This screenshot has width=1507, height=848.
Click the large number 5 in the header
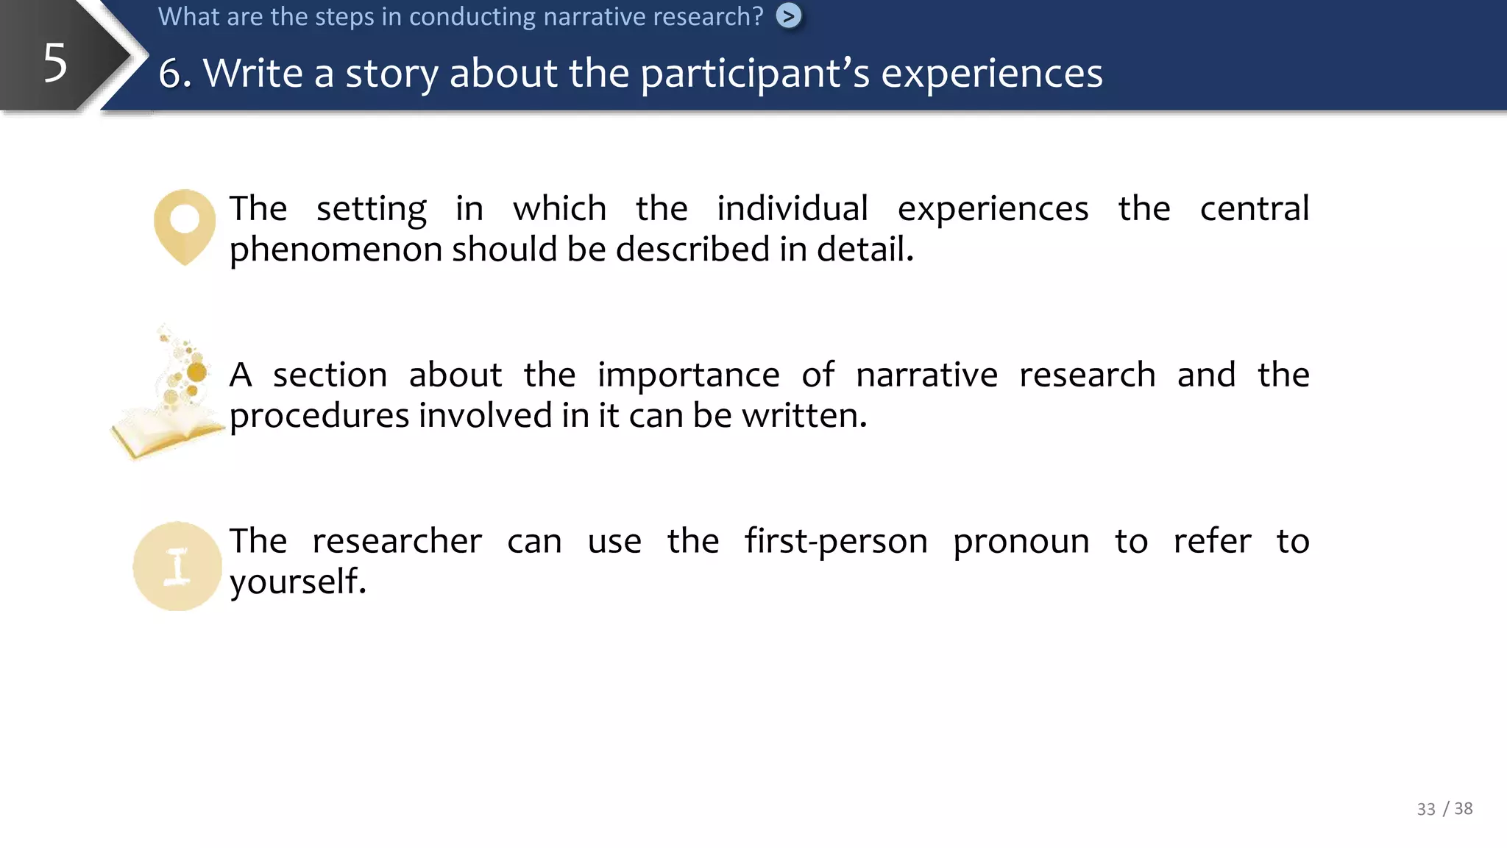55,63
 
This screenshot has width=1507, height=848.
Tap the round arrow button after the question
789,16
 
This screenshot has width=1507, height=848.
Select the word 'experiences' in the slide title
992,74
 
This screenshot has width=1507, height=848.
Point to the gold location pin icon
185,225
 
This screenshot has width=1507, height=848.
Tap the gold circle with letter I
177,566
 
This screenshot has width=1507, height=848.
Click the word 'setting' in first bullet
371,209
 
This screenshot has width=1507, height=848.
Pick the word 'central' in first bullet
1254,209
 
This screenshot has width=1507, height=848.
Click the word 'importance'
688,375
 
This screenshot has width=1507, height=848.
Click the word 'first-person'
836,542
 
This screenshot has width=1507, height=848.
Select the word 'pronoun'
1021,542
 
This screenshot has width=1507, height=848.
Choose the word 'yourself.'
298,582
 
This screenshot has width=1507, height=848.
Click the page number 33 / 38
1444,809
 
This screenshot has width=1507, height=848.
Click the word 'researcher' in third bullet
397,542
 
